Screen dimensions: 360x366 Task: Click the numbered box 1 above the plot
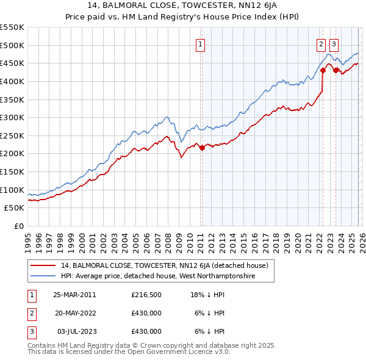tap(201, 43)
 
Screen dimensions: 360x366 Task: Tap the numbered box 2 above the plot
tap(321, 43)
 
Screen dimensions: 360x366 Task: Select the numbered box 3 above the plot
tap(334, 43)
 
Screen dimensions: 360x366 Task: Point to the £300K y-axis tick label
tap(12, 117)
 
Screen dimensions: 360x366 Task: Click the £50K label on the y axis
tap(15, 208)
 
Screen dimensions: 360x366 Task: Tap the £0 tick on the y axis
tap(20, 226)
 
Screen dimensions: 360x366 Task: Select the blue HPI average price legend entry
tap(157, 276)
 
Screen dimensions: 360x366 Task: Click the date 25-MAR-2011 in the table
tap(74, 295)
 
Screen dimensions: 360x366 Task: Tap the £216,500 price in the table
tap(146, 295)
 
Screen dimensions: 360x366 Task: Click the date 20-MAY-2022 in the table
tap(74, 313)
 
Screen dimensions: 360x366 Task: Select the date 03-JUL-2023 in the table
tap(74, 331)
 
